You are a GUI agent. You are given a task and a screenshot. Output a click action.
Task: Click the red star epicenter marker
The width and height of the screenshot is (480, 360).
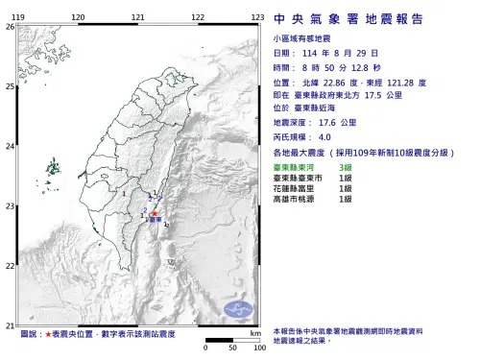coord(154,214)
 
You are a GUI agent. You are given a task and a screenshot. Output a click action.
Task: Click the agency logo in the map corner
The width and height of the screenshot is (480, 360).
coord(239,310)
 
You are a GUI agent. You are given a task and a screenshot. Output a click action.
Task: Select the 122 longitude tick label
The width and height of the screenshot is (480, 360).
coord(198,18)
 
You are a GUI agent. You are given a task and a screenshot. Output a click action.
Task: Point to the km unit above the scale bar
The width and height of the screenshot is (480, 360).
coord(254,332)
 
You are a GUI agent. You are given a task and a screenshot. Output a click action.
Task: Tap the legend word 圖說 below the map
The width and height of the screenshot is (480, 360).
coord(30,335)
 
